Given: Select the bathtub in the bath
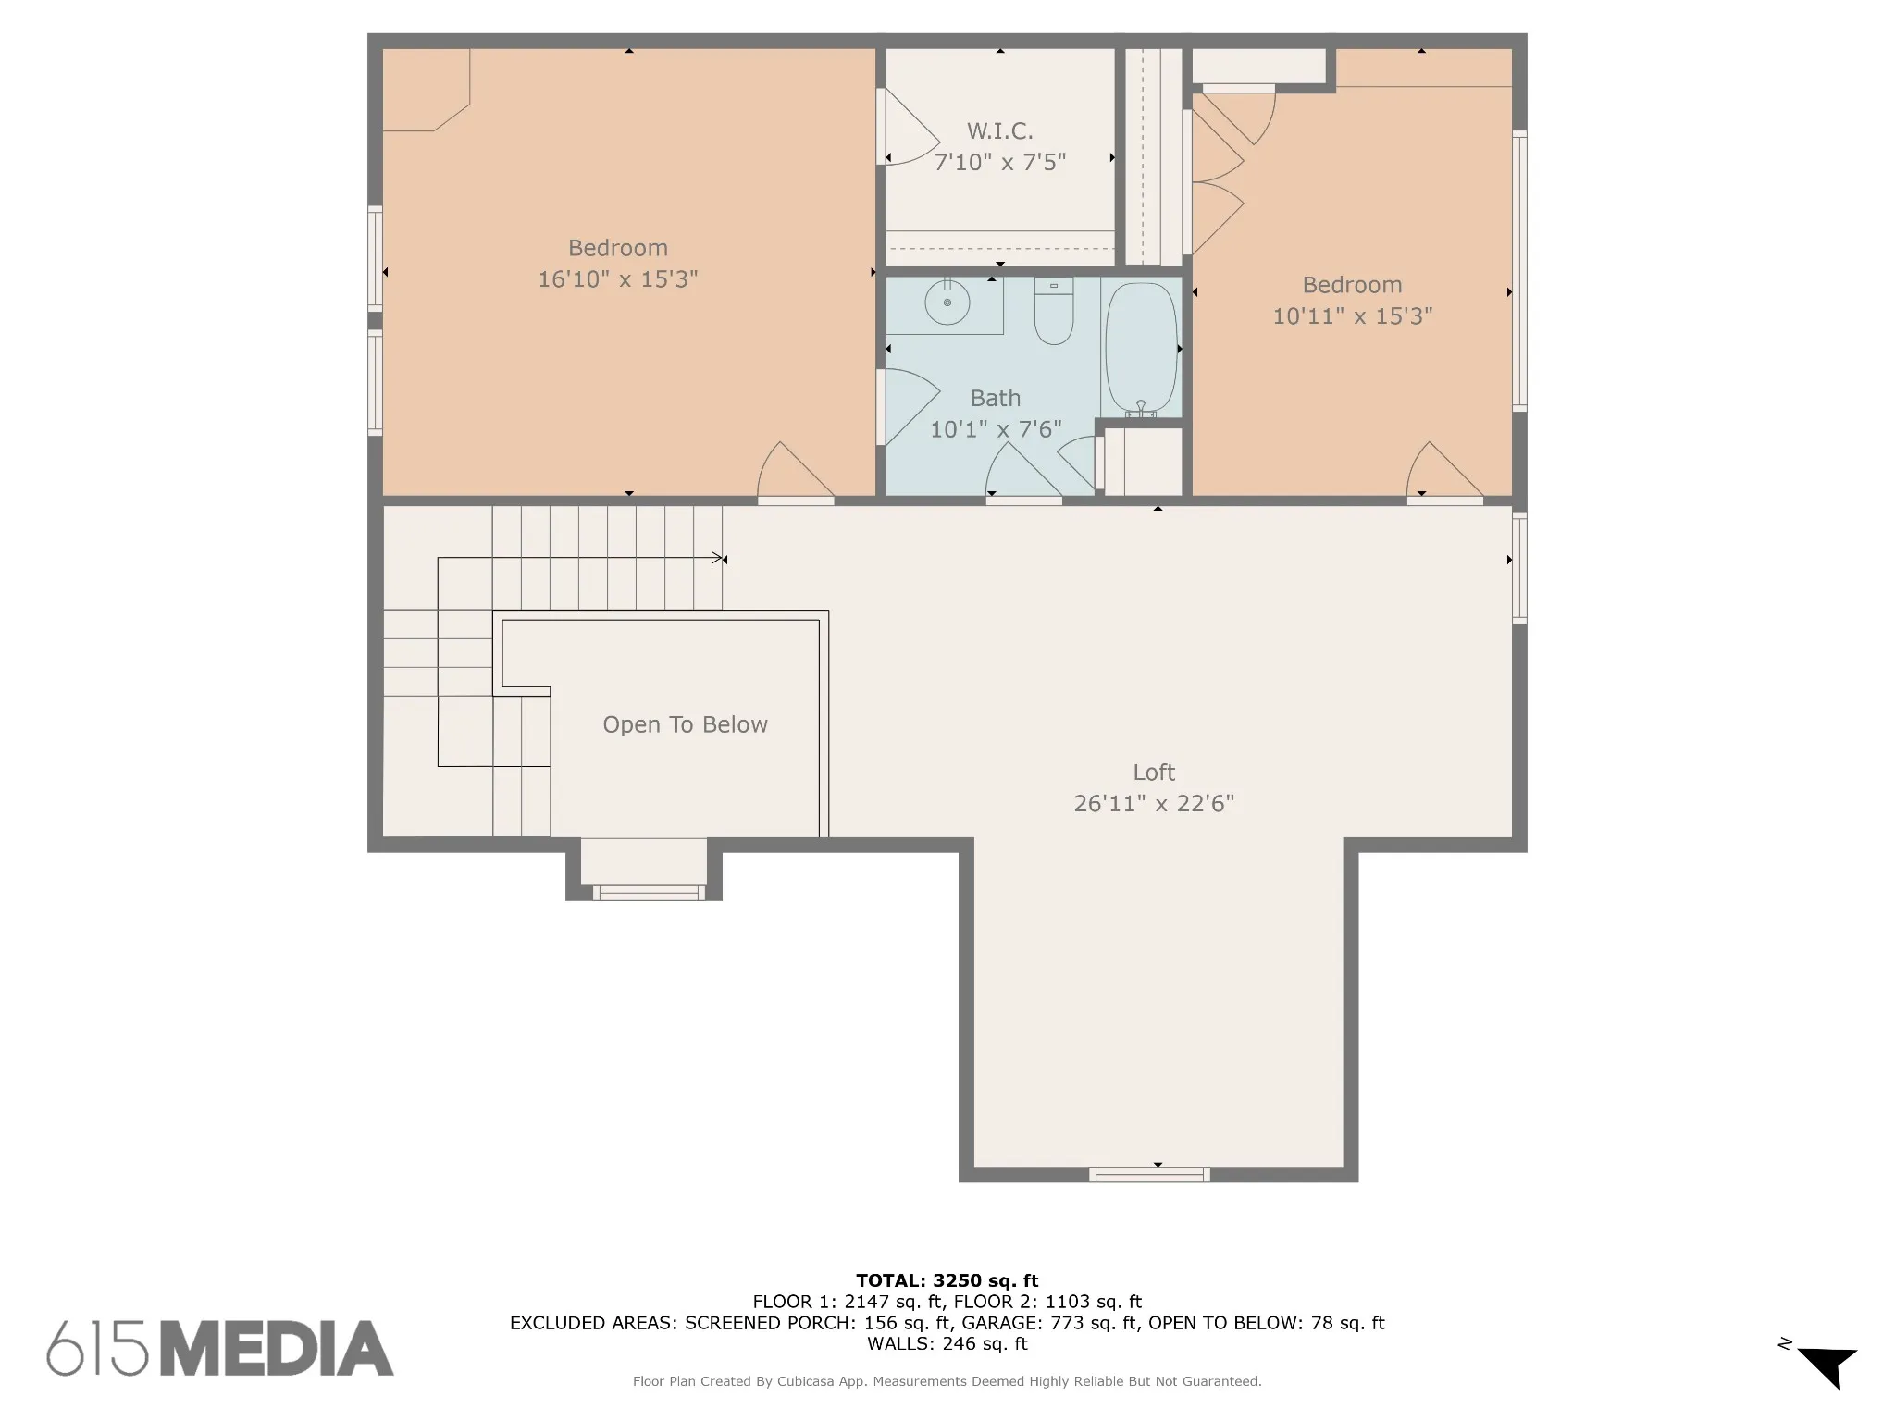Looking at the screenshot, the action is (x=1142, y=349).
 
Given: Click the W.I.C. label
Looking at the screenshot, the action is (x=1000, y=131).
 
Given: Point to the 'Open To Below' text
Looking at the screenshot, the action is (x=685, y=724).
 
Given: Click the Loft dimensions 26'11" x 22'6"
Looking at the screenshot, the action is (x=1154, y=803).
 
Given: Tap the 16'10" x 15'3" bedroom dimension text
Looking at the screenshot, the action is (x=618, y=278).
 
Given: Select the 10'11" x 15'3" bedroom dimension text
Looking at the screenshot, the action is (x=1353, y=315).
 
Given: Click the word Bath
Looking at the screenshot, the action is (x=996, y=398).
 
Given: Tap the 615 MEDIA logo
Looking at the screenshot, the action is (x=220, y=1348).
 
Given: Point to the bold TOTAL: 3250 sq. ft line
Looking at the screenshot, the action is (x=947, y=1280).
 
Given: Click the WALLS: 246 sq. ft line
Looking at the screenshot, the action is (x=947, y=1343).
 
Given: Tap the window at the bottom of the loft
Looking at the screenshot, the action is (x=1149, y=1174).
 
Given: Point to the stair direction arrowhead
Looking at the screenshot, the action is (x=718, y=558).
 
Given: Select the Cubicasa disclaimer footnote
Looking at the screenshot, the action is (x=947, y=1381).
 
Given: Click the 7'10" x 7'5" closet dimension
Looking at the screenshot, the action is (x=1000, y=162).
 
